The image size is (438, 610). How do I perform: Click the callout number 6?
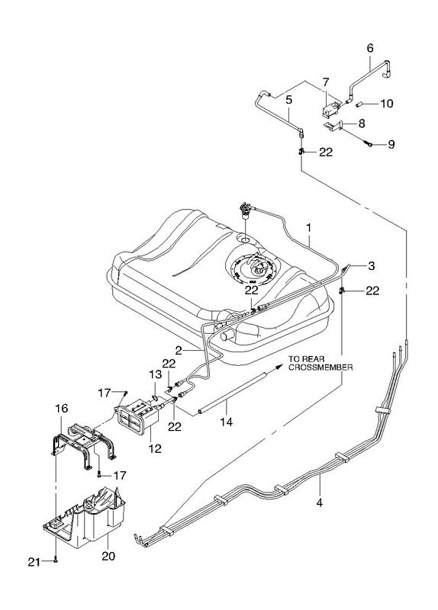pyautogui.click(x=370, y=48)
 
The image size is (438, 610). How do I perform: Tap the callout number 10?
pyautogui.click(x=387, y=104)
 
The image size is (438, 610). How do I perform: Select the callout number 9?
pyautogui.click(x=391, y=145)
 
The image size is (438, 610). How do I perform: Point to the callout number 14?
pyautogui.click(x=226, y=422)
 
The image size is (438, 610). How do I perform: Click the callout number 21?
pyautogui.click(x=34, y=562)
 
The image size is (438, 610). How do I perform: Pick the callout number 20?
pyautogui.click(x=108, y=557)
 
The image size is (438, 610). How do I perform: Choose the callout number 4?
pyautogui.click(x=319, y=502)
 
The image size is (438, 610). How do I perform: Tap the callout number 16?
pyautogui.click(x=62, y=409)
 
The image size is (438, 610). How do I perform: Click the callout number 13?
pyautogui.click(x=155, y=374)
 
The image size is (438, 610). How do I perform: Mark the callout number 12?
pyautogui.click(x=155, y=448)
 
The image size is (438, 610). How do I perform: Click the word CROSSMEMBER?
pyautogui.click(x=320, y=367)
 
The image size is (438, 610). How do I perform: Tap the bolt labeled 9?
pyautogui.click(x=368, y=143)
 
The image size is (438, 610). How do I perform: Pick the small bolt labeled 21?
pyautogui.click(x=56, y=560)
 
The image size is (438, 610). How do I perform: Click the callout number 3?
pyautogui.click(x=371, y=266)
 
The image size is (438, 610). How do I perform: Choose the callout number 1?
pyautogui.click(x=309, y=228)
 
